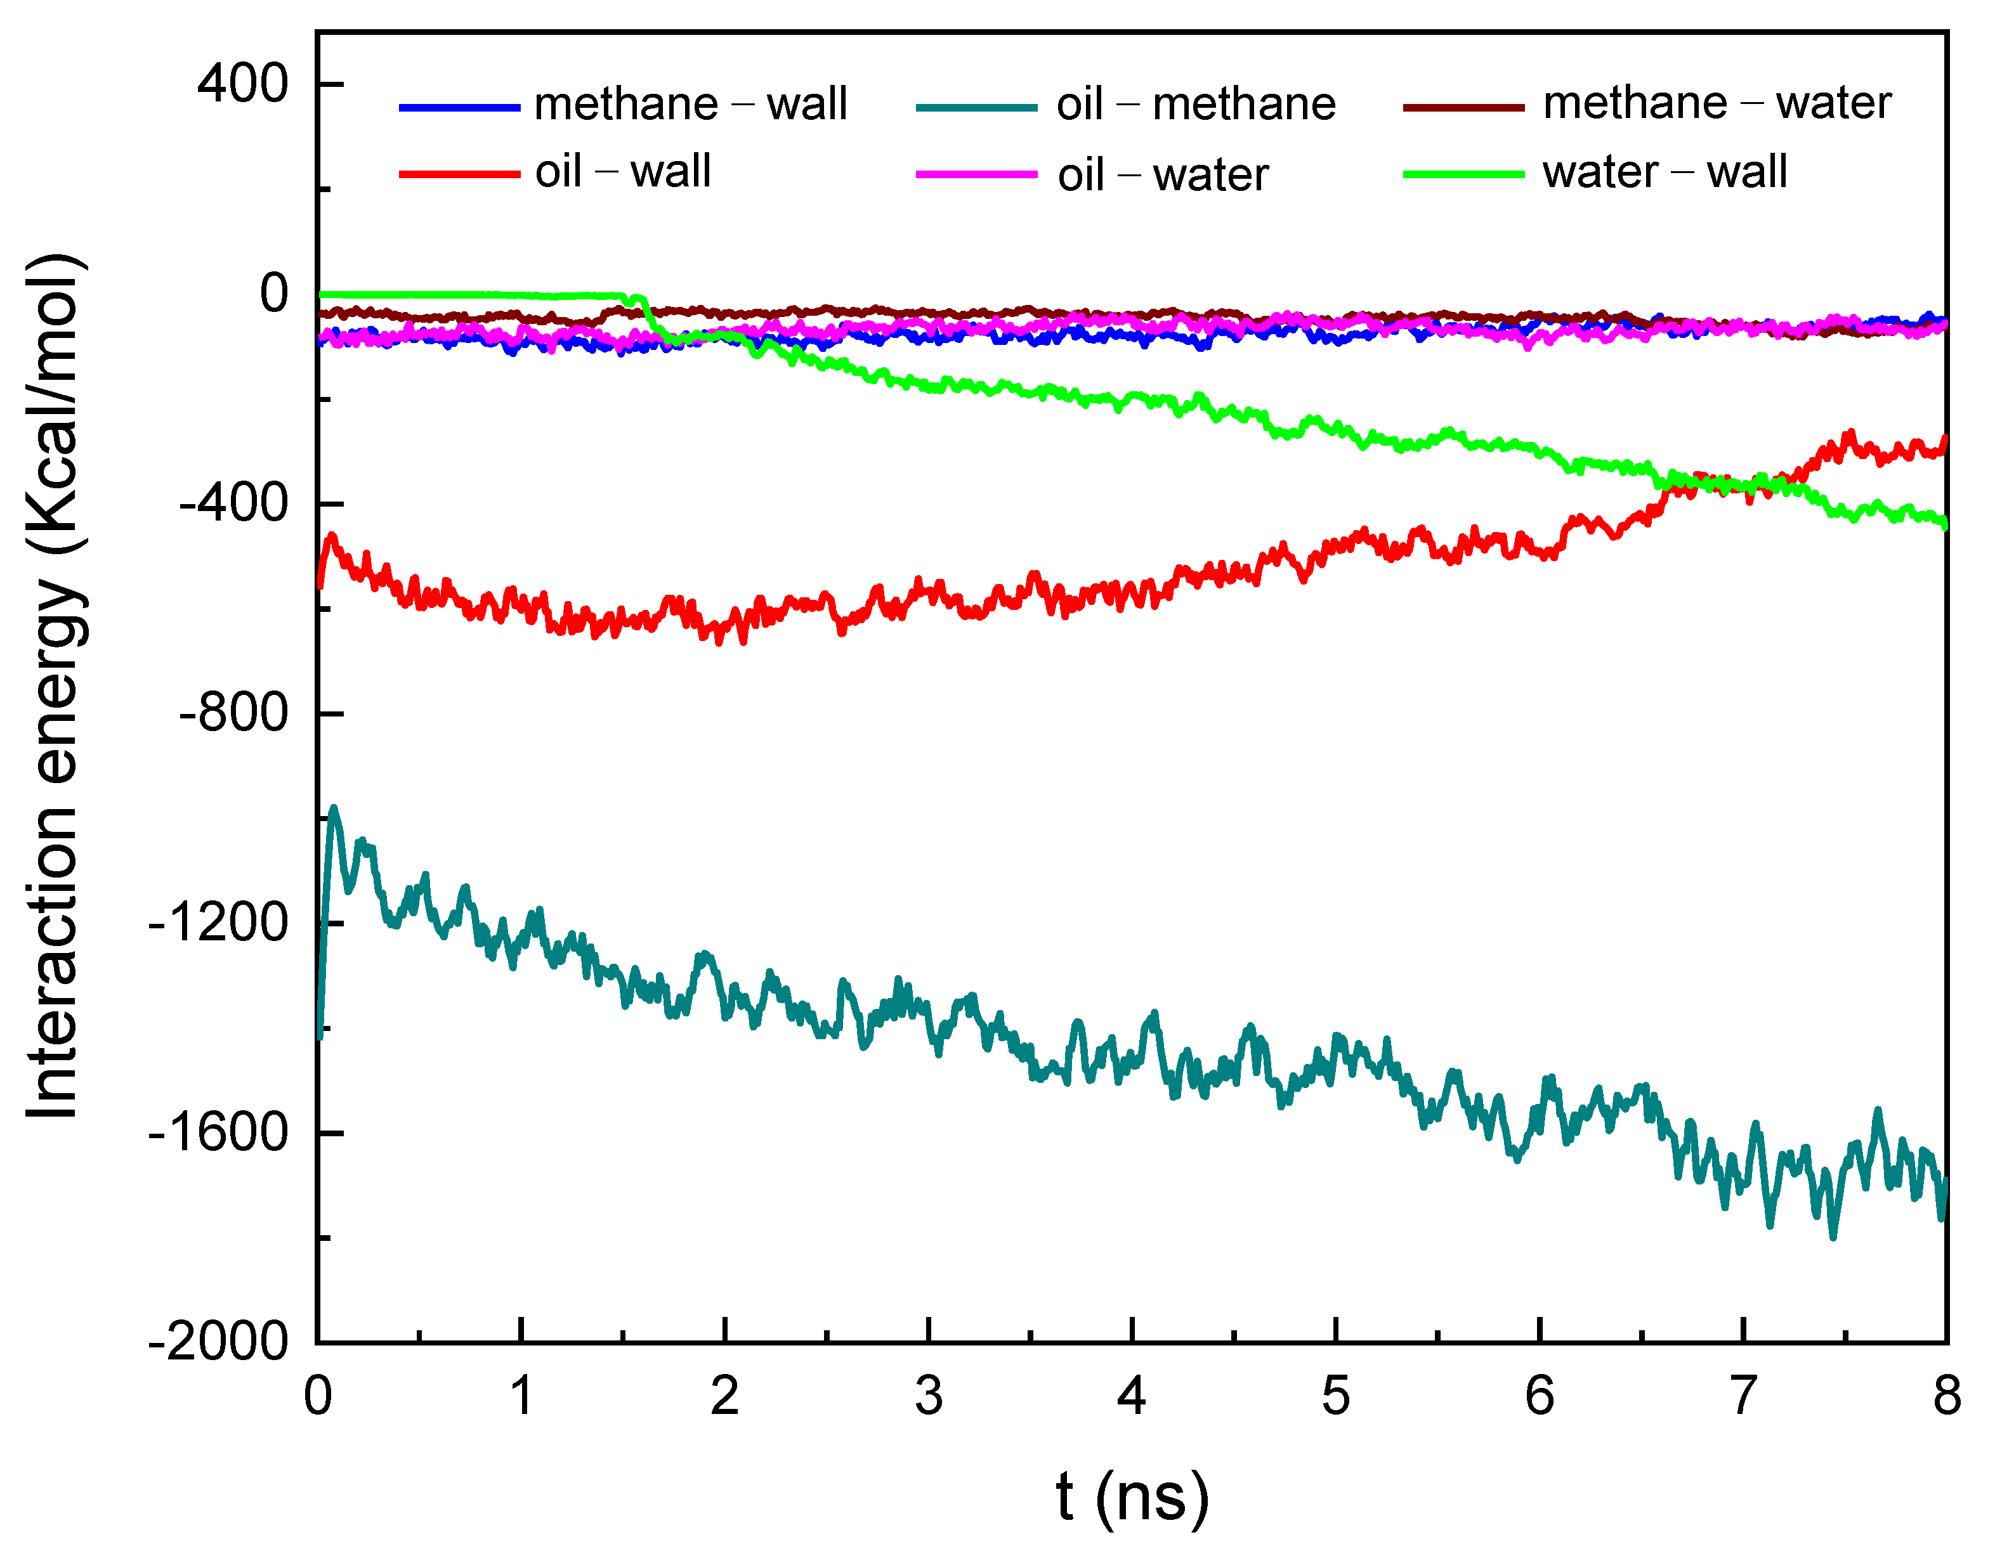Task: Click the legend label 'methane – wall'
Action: coord(691,103)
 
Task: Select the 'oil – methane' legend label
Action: coord(1196,104)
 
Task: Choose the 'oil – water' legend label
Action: coord(1163,174)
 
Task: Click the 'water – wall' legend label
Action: coord(1665,172)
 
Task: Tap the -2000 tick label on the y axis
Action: coord(219,1342)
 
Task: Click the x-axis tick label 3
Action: coord(928,1396)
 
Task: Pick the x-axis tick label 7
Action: coord(1743,1396)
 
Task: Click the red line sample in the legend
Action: coord(459,174)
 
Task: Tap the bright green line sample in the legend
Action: coord(1463,174)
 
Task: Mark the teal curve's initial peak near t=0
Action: coord(334,809)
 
